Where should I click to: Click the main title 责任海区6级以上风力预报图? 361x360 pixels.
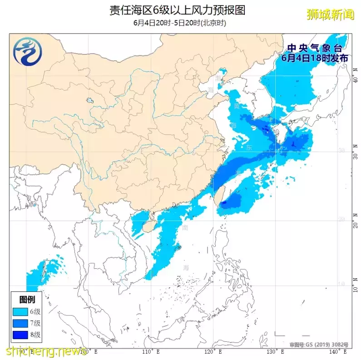click(177, 10)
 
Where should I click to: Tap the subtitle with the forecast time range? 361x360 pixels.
click(180, 23)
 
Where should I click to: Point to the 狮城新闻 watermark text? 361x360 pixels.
click(330, 14)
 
